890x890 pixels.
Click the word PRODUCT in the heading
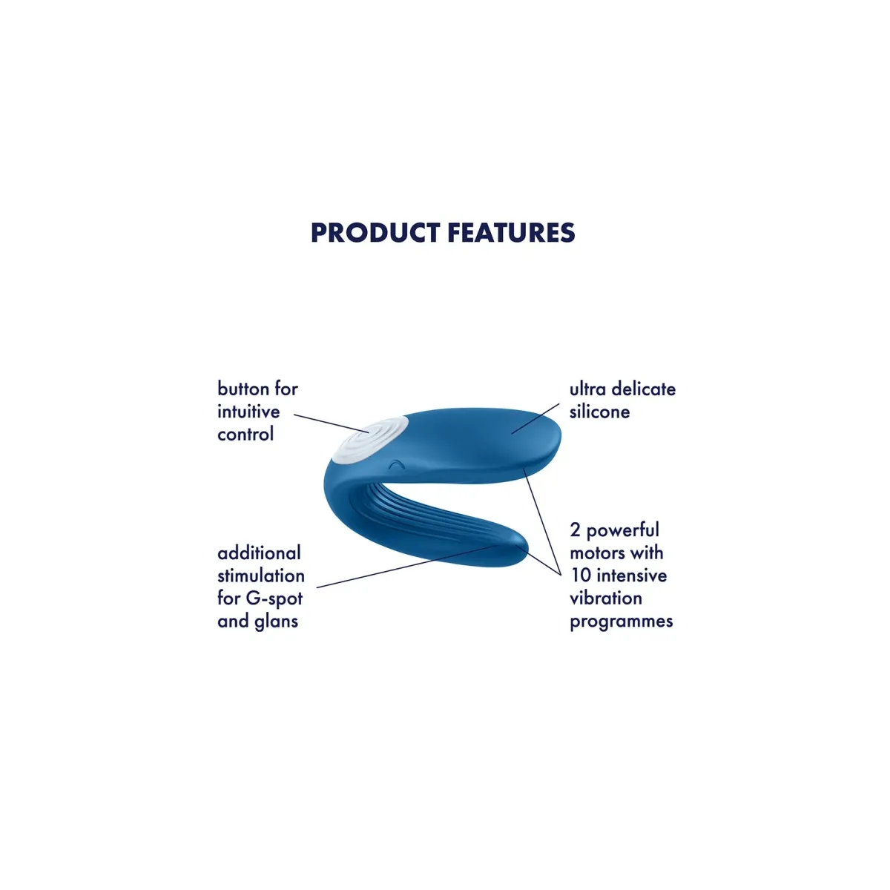point(375,232)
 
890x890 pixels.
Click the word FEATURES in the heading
point(511,232)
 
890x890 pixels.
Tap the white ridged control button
point(370,440)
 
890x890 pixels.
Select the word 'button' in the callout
point(244,389)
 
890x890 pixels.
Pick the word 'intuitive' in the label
point(248,412)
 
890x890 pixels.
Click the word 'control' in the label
point(245,434)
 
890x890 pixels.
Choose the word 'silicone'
point(599,412)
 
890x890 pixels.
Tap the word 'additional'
point(259,553)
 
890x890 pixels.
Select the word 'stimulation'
point(261,576)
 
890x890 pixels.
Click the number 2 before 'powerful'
point(575,530)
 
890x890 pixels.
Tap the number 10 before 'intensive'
point(581,576)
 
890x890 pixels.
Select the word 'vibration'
point(605,598)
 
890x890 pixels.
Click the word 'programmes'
point(622,622)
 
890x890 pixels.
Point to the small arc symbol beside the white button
point(396,464)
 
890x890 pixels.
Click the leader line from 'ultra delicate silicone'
point(535,418)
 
